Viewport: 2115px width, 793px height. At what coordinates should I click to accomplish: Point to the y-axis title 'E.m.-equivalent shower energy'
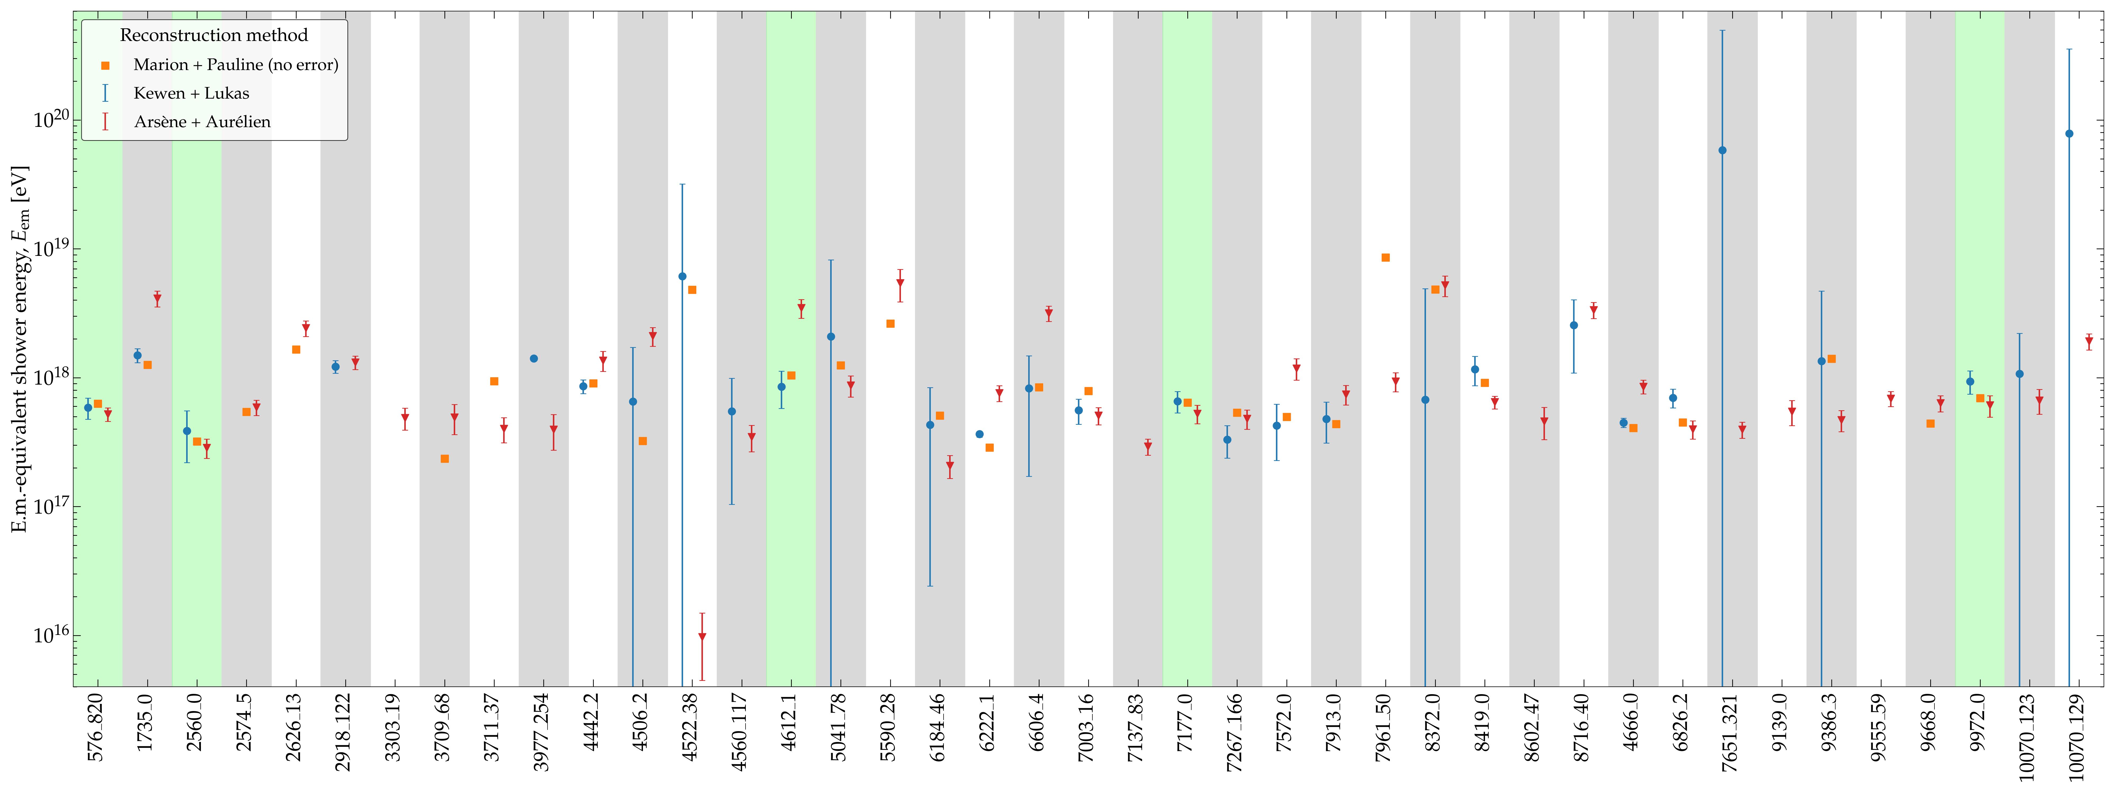coord(20,349)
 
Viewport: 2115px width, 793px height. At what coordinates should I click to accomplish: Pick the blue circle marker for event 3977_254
coord(534,359)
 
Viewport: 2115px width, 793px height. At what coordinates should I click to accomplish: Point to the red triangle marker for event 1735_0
coord(157,300)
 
